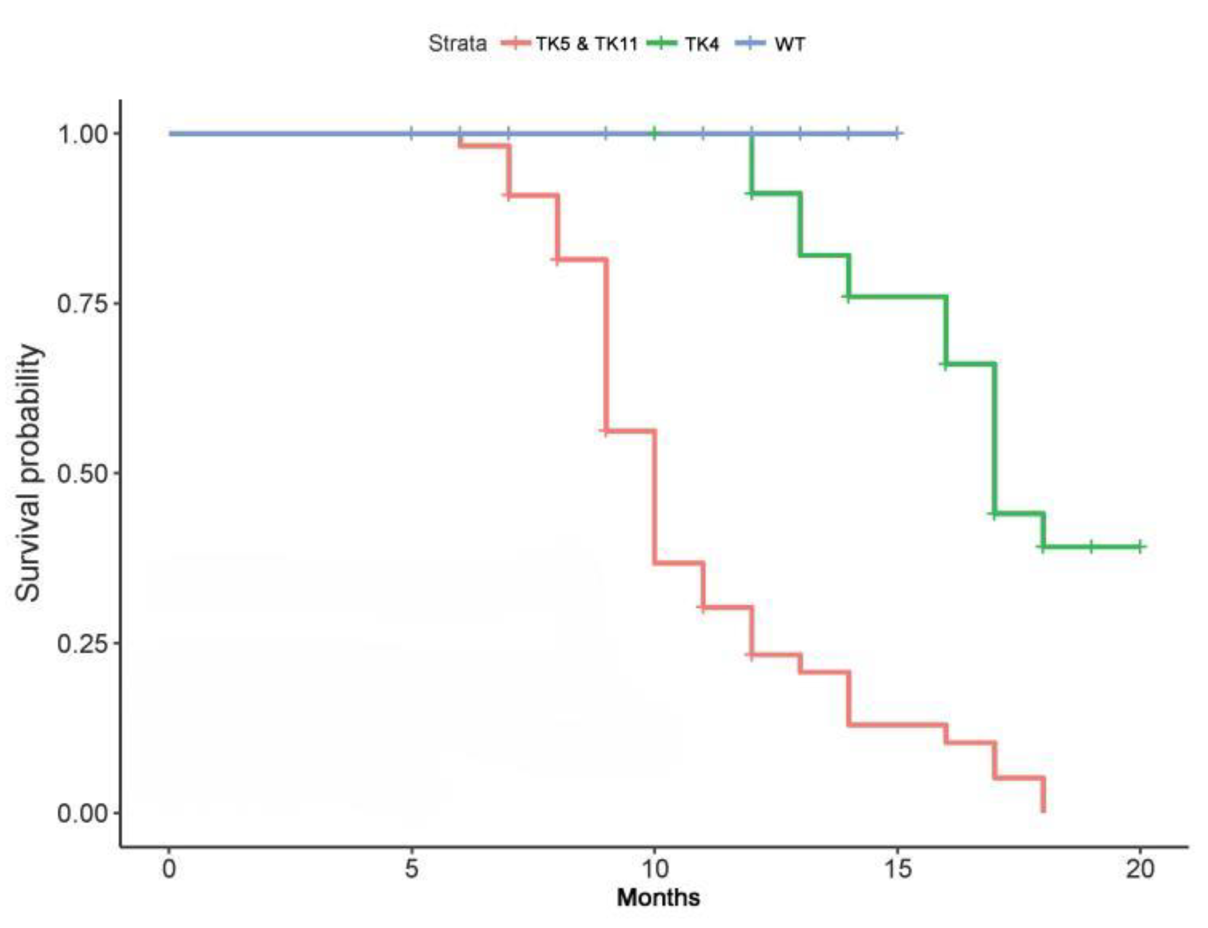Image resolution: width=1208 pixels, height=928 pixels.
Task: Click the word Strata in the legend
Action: pyautogui.click(x=457, y=43)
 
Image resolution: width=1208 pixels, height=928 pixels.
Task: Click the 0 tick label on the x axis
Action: pyautogui.click(x=169, y=869)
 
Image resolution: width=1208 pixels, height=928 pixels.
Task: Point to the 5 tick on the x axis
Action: pyautogui.click(x=411, y=869)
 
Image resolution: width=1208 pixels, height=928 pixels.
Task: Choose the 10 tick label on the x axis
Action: pyautogui.click(x=654, y=869)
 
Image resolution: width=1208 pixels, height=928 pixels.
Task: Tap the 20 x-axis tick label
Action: pyautogui.click(x=1140, y=869)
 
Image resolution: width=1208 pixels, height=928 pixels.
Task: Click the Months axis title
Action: pyautogui.click(x=658, y=898)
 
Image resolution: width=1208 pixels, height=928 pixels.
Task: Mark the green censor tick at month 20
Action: pyautogui.click(x=1140, y=547)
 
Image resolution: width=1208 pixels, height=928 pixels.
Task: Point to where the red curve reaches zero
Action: pyautogui.click(x=1043, y=811)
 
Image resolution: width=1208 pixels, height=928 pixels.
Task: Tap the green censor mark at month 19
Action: pyautogui.click(x=1091, y=547)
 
